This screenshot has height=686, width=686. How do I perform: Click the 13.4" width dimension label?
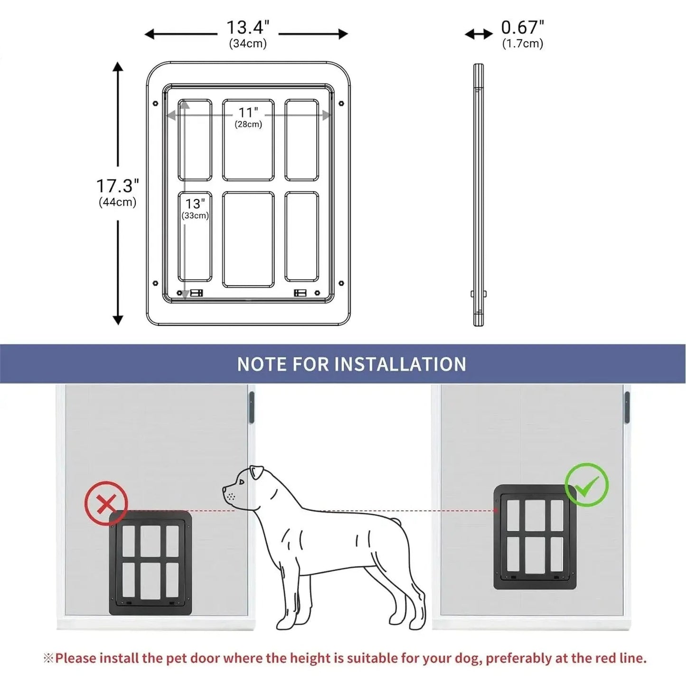[x=247, y=28]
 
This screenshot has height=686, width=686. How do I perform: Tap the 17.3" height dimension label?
[x=117, y=186]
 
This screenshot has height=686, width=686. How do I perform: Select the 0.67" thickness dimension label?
[x=522, y=28]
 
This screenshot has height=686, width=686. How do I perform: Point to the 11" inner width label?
[x=248, y=113]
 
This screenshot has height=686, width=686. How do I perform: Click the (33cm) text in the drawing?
[x=195, y=216]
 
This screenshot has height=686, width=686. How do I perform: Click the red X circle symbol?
[x=106, y=503]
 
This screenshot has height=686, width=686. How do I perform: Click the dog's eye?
[x=242, y=482]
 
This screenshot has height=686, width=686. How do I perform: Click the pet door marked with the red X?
[x=150, y=563]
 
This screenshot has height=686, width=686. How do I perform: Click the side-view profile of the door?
[x=479, y=195]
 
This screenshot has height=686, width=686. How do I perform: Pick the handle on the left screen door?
[x=252, y=407]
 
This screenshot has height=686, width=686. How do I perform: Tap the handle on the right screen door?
[x=627, y=407]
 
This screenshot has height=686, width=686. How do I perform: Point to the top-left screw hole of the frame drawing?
[x=155, y=103]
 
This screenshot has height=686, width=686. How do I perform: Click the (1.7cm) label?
[x=522, y=44]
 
